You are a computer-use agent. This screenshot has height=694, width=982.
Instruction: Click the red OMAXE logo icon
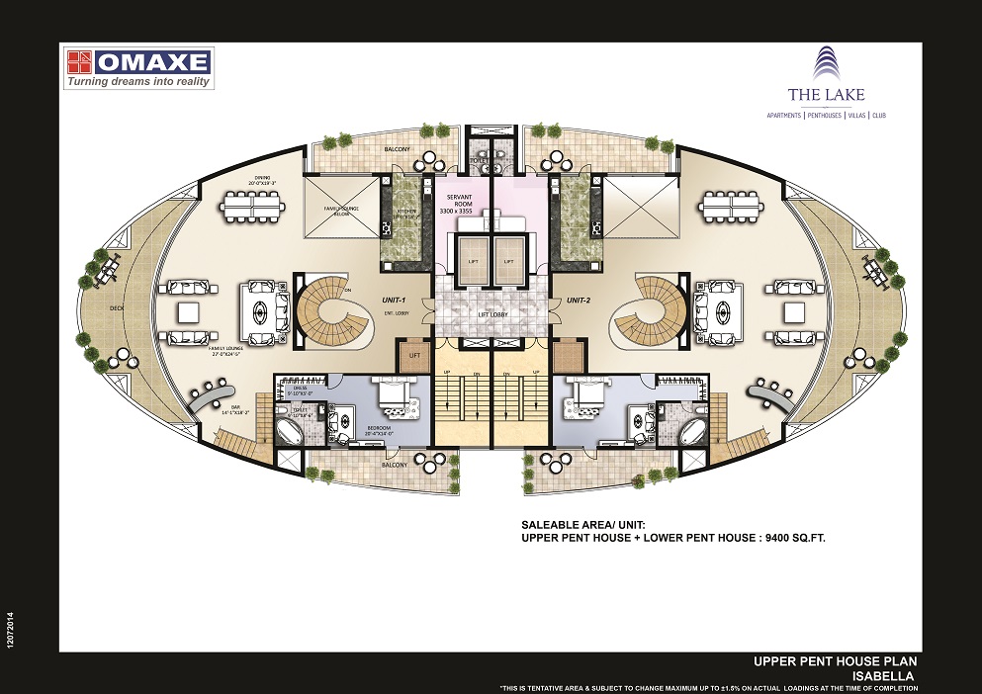(80, 62)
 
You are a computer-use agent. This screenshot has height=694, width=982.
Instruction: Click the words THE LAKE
(812, 95)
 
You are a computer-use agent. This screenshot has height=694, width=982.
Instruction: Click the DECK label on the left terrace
(117, 307)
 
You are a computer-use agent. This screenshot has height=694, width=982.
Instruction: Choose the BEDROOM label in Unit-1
(381, 428)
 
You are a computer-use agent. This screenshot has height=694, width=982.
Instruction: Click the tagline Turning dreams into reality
(137, 82)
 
